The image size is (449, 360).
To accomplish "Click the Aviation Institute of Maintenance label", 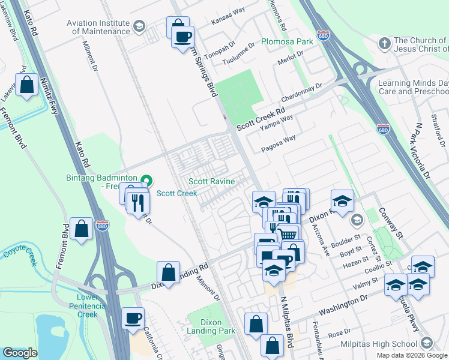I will coord(98,27).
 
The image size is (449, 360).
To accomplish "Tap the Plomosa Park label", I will coord(287,42).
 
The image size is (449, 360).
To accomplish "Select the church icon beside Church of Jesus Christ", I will coord(385,43).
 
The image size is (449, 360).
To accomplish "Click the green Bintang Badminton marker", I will coord(146,181).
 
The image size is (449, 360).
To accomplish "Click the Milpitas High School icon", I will coord(427,343).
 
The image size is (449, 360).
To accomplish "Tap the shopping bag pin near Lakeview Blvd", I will coord(27,85).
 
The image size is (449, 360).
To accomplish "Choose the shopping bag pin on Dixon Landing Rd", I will coord(169,272).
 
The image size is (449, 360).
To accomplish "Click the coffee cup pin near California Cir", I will coord(133,318).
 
